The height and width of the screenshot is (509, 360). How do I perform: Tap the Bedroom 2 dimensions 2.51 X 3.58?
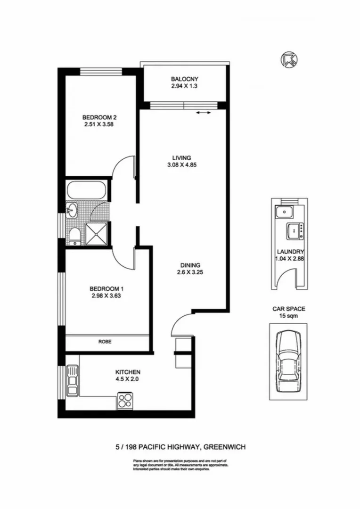coord(98,125)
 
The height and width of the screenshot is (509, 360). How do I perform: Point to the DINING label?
coord(190,265)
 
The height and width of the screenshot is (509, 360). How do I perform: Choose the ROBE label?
coord(105,342)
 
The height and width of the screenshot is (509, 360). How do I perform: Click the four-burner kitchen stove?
coord(125,401)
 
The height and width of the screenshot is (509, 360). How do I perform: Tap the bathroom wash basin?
coord(72,210)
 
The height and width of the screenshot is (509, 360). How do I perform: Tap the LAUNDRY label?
coord(290,252)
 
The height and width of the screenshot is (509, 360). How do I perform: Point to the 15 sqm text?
coord(289,316)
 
